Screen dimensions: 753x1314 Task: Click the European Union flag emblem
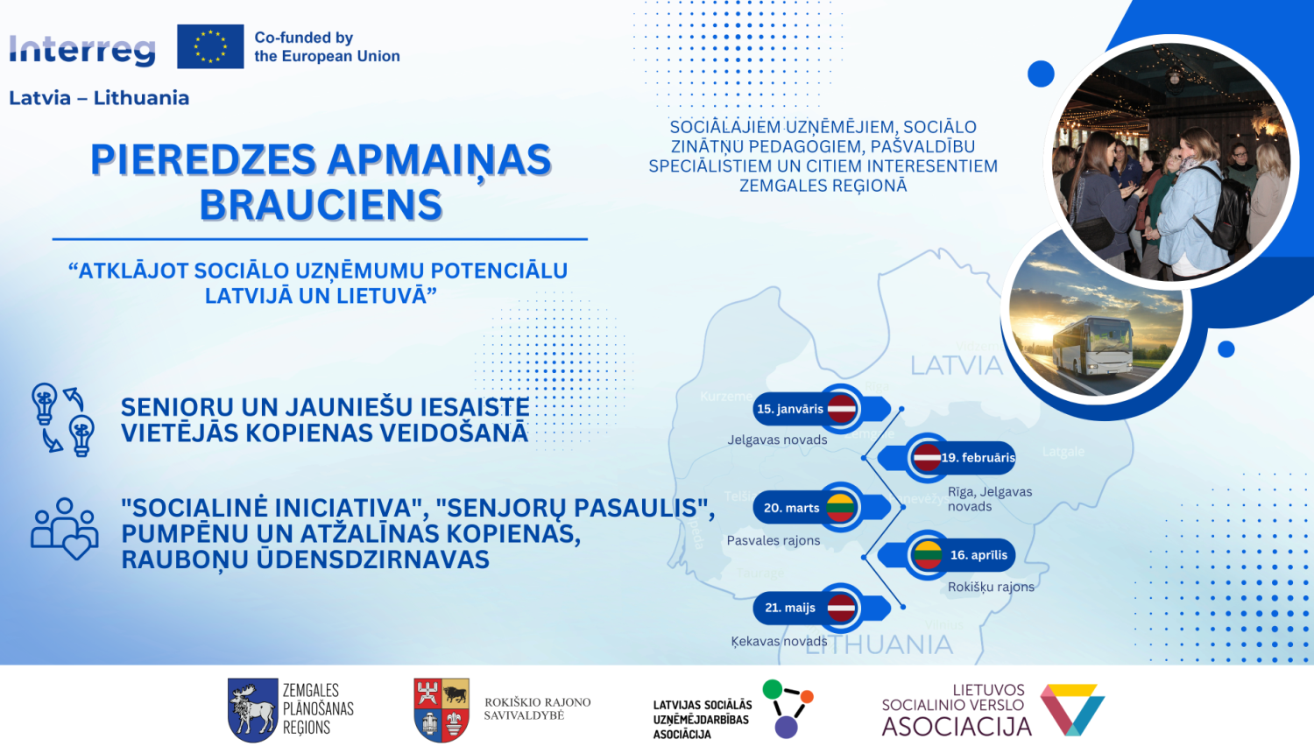210,46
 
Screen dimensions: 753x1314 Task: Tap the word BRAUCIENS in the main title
321,206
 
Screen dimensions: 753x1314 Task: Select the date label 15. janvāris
790,409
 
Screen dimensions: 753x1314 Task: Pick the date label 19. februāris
978,457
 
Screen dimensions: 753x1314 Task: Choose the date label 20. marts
791,508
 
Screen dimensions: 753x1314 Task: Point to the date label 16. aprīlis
978,555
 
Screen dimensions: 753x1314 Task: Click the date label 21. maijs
790,608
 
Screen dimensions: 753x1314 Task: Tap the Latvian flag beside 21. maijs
842,608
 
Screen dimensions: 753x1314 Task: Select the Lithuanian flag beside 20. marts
840,508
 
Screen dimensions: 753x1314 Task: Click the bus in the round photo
1091,347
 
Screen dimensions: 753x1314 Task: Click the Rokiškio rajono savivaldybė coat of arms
442,709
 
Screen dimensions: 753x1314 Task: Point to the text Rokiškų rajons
991,587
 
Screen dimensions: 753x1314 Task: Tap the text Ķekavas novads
779,641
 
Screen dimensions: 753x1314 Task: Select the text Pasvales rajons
774,540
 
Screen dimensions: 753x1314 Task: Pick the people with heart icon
64,529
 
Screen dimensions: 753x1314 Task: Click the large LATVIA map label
956,365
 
